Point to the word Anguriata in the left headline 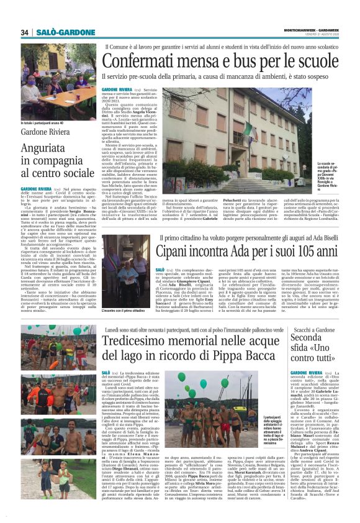click(x=45, y=148)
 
